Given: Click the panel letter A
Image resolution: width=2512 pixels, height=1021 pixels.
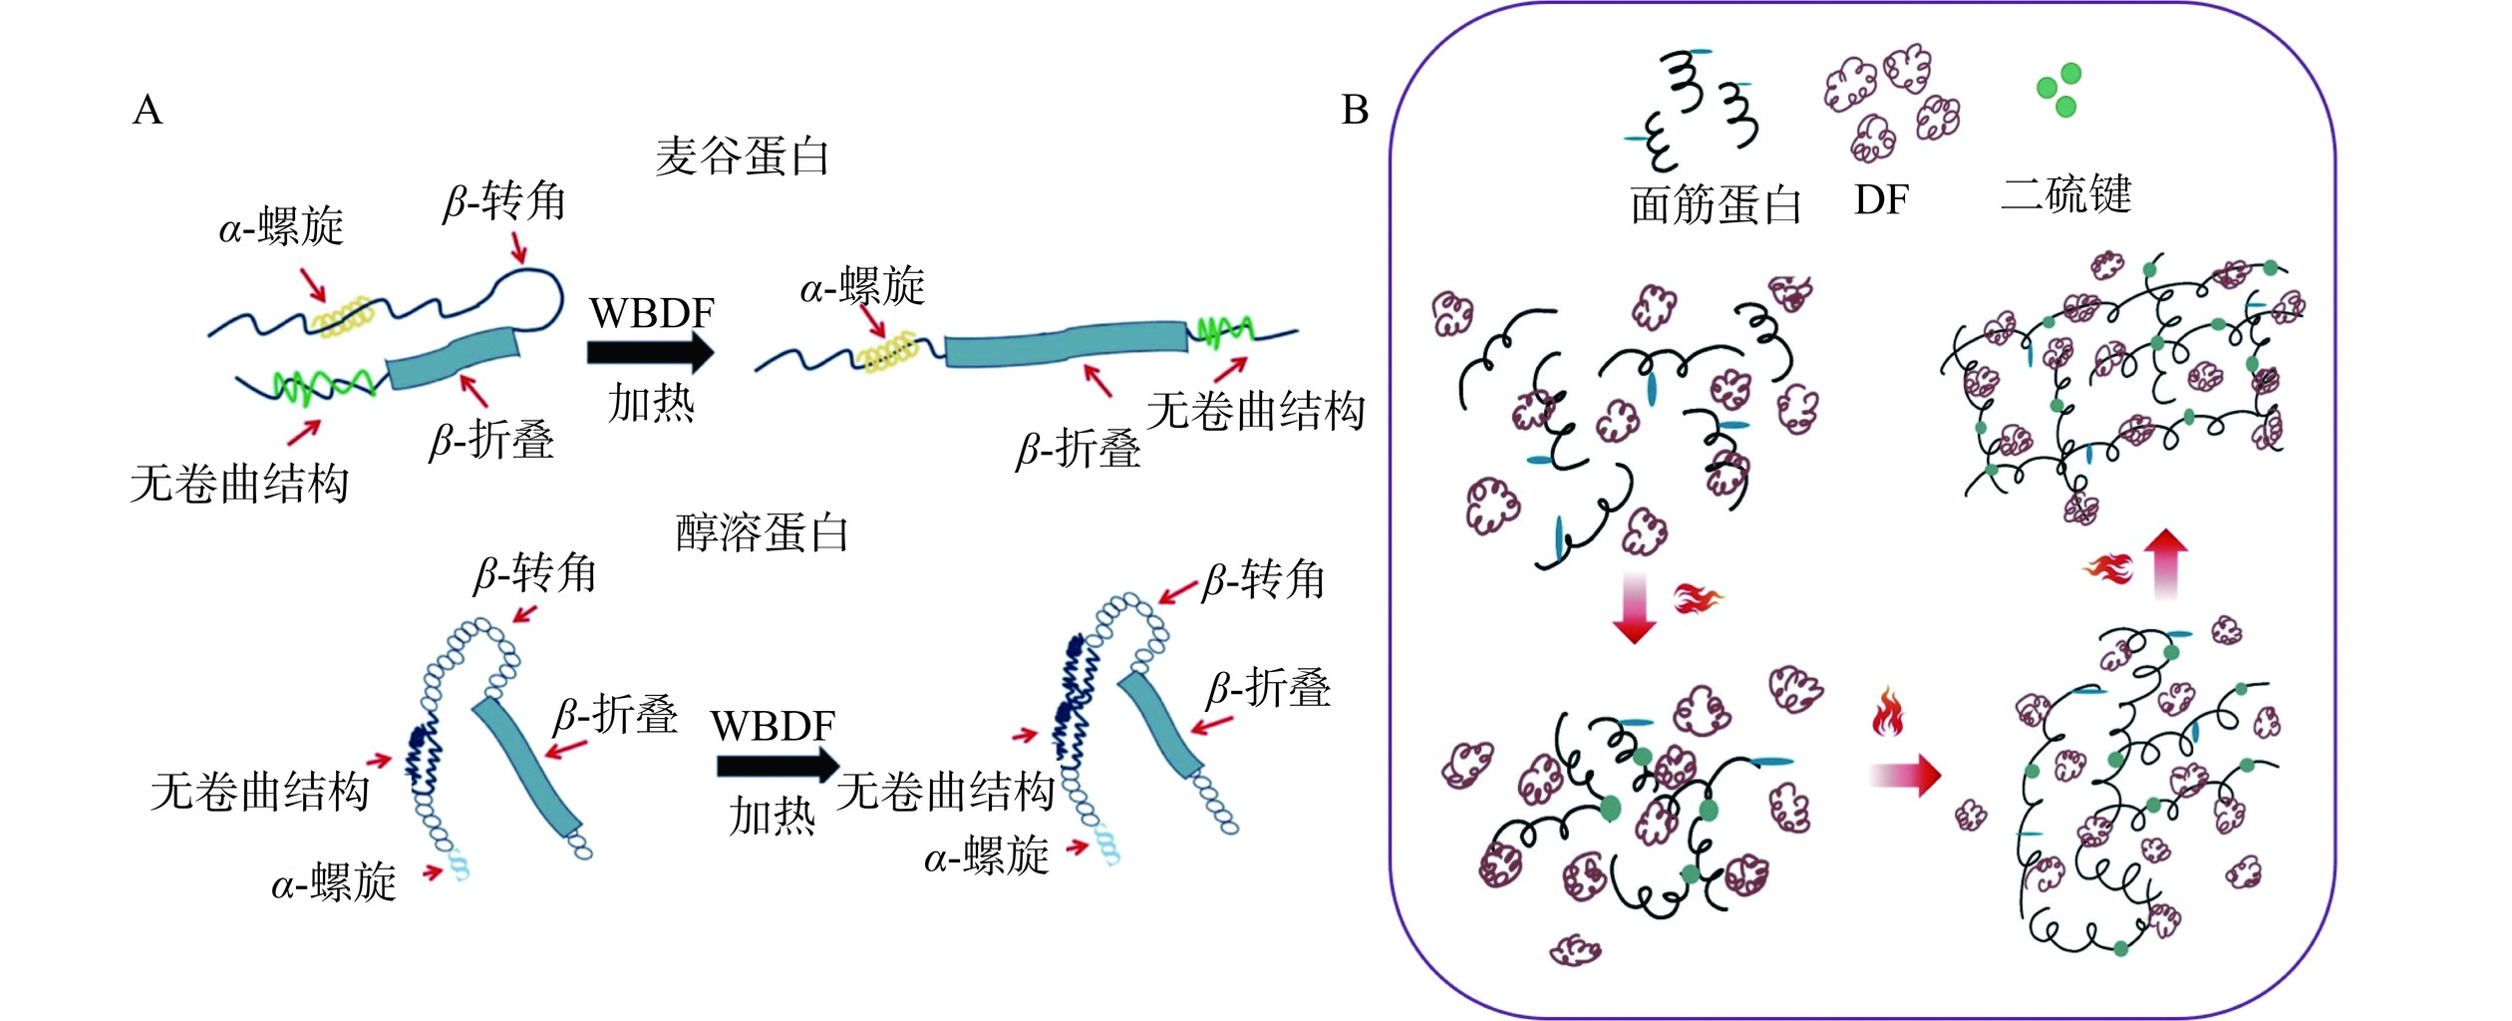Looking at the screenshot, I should (148, 110).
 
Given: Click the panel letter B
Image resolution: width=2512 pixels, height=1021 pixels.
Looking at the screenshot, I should (1355, 110).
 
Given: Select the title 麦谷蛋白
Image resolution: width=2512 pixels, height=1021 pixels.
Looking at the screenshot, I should (742, 158).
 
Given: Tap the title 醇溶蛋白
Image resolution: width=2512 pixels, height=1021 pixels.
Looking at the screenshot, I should (762, 532).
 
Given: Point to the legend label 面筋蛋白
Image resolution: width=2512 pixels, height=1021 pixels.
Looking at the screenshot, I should (1716, 205).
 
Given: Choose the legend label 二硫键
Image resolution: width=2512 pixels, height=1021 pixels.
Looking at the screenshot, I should (2065, 193).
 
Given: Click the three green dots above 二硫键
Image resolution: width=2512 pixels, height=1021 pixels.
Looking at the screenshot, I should (2058, 89).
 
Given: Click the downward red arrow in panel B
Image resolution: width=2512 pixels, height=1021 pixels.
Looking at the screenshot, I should (1634, 607).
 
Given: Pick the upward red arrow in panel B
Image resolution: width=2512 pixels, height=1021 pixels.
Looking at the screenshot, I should (2165, 563).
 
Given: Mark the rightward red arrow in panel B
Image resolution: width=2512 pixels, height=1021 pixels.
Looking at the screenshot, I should (1905, 775).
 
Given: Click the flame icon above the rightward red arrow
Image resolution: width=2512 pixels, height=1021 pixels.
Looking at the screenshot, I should (1888, 712).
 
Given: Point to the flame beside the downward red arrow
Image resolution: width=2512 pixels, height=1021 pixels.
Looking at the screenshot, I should (1698, 598).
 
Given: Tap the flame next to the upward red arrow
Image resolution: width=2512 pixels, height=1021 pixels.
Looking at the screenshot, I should (2108, 568).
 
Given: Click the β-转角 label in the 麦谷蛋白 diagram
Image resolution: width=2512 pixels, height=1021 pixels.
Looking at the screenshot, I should (504, 202).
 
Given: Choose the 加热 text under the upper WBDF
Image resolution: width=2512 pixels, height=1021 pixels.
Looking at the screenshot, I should (651, 404).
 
